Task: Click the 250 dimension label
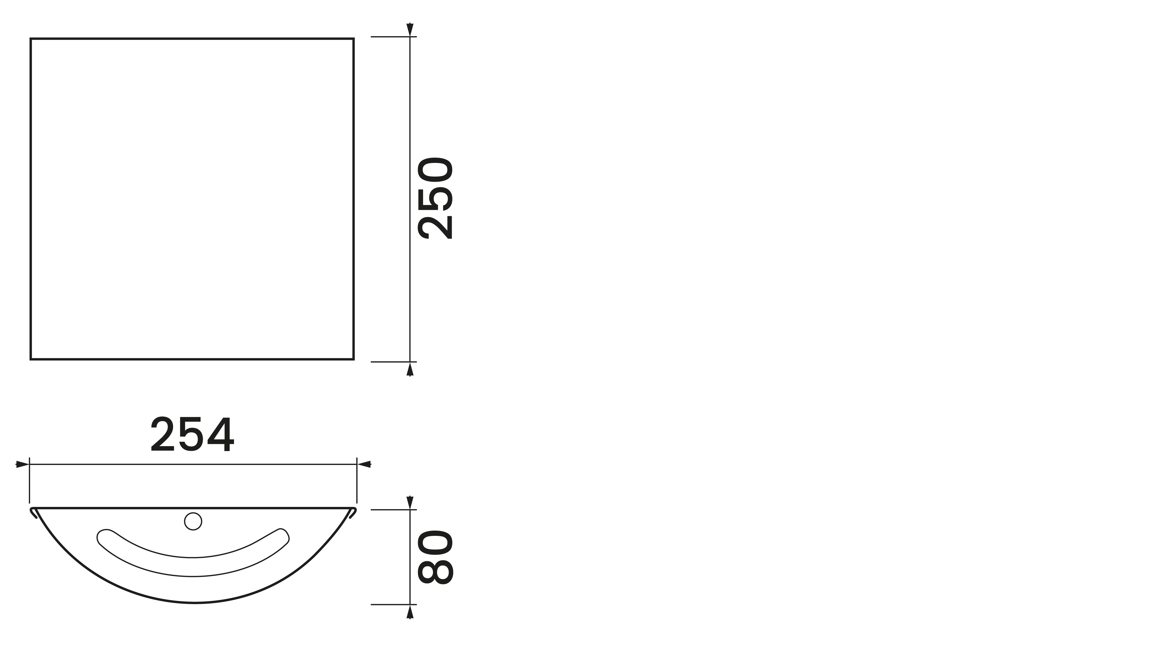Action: point(435,198)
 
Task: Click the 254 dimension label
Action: point(192,435)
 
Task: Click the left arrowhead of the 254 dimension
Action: point(22,464)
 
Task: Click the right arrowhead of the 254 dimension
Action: point(364,464)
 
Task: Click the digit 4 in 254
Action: point(221,435)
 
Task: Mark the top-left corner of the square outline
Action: point(31,39)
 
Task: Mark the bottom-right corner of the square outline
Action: point(354,359)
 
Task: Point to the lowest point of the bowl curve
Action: point(193,603)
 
